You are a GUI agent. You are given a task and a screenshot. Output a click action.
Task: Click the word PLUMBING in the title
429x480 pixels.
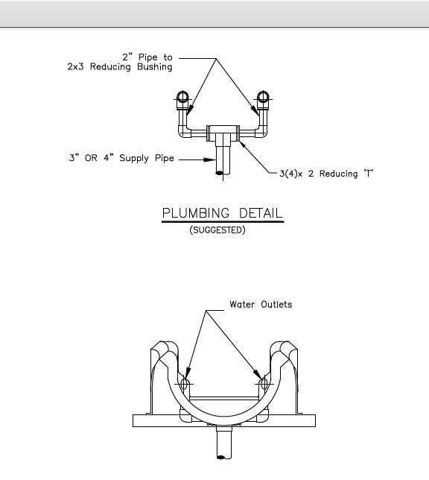click(196, 213)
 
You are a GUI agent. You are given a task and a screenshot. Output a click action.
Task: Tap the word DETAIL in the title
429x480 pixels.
click(261, 213)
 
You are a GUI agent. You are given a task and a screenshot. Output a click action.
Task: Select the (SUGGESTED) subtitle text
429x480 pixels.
click(217, 230)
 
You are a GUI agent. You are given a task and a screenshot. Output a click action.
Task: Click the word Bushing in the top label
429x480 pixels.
click(154, 67)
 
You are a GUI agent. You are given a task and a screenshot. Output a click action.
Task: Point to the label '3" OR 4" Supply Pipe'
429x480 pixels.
click(121, 158)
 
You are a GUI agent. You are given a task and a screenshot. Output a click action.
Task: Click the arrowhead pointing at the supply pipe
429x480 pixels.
click(210, 160)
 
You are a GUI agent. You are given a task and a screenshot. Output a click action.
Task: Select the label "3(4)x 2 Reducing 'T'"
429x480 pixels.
click(326, 174)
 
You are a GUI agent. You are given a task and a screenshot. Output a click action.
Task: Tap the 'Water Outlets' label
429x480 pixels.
click(261, 304)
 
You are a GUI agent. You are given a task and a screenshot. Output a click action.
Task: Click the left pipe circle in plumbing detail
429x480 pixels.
click(182, 97)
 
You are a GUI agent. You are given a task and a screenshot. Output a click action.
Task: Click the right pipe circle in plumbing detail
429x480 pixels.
click(263, 97)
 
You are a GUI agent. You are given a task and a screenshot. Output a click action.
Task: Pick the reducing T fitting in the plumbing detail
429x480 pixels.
click(223, 133)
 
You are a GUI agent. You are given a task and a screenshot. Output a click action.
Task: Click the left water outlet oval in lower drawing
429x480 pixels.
click(184, 384)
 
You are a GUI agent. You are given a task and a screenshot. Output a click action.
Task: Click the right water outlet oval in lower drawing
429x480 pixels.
click(264, 384)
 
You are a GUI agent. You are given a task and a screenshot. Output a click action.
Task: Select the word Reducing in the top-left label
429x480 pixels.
click(110, 67)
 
